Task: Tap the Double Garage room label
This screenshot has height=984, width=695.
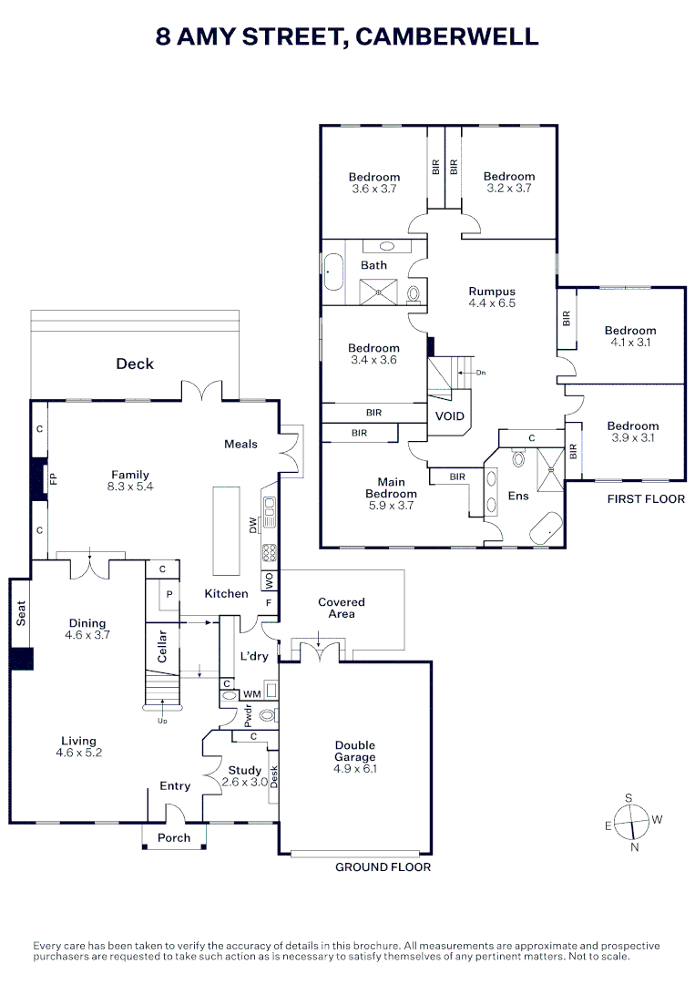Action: [x=354, y=757]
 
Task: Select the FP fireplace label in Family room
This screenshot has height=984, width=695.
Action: [x=53, y=479]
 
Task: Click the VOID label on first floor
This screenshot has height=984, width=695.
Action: [x=450, y=416]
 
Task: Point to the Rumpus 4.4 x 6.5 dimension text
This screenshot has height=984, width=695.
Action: [x=492, y=303]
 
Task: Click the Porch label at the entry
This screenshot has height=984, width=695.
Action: [x=174, y=838]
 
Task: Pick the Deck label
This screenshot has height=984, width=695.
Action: [x=135, y=364]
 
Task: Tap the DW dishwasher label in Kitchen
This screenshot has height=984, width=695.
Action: [x=252, y=526]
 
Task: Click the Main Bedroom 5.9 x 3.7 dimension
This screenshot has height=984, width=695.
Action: [x=397, y=506]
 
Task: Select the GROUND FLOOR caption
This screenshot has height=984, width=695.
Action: [x=383, y=867]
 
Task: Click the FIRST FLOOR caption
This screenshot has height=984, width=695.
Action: [x=646, y=499]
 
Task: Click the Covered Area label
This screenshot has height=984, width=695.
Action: [x=342, y=608]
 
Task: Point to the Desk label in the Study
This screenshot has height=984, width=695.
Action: [x=273, y=776]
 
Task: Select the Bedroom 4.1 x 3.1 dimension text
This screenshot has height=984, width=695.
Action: [x=630, y=343]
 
